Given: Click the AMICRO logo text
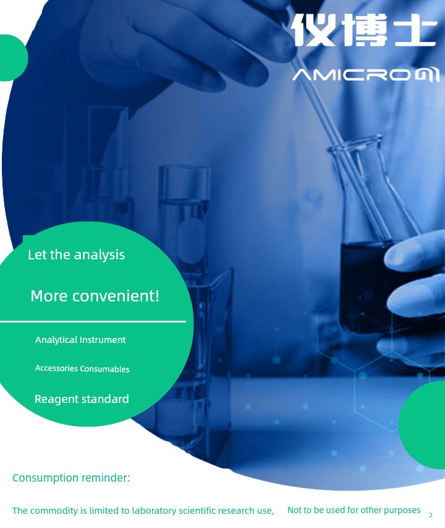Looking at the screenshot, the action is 366,75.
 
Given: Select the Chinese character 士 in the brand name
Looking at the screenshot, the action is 416,30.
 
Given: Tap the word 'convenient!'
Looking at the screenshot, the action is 116,296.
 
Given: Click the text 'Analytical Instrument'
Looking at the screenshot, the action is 80,340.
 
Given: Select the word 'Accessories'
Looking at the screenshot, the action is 56,368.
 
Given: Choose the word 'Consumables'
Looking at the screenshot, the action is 105,369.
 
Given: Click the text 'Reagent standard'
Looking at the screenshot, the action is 82,399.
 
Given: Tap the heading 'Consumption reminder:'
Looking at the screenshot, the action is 71,478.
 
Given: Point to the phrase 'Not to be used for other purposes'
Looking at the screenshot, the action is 354,511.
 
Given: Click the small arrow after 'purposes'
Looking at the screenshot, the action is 431,515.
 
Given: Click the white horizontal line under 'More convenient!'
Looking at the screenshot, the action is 93,322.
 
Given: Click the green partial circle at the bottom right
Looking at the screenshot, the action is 422,425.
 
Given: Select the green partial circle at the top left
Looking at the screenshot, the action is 13,58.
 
